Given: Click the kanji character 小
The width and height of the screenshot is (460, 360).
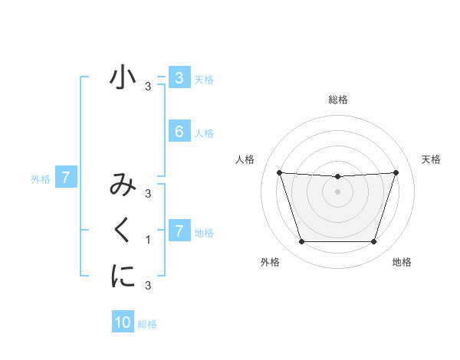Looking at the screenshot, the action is coord(123,79).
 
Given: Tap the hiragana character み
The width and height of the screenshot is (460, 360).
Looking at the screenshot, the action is coord(123,186).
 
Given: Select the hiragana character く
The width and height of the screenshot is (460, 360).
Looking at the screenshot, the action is coord(123,230).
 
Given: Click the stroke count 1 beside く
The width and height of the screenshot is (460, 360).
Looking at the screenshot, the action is coord(148,240).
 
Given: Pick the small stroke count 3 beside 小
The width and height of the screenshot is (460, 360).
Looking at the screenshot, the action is coord(148,87).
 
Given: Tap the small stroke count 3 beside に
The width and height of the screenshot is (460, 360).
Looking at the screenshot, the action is coord(148,286).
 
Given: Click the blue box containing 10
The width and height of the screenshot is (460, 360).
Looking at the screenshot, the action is coord(123,322).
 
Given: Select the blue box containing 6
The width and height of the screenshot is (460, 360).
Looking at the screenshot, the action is coord(179,131).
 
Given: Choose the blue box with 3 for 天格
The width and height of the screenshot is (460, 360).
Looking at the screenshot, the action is coord(179,77).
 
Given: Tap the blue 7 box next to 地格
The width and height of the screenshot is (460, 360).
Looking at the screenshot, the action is coord(179,231).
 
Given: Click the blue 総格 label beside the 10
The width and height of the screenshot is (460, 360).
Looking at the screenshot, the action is coord(147,324).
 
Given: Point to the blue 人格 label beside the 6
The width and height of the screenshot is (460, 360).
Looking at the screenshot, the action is coord(204,133).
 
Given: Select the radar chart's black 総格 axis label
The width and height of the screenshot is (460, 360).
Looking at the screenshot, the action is coord(337,100).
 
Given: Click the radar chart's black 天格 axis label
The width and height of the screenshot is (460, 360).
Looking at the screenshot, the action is coord(431,159).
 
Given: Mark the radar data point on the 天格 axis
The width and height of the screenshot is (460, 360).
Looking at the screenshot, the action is coord(396,172).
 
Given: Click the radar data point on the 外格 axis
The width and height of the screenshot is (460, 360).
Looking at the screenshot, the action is coord(301,242).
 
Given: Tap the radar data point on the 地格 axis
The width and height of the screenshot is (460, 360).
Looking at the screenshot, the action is coord(373,242).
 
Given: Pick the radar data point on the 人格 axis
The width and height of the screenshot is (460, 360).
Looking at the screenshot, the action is coord(279,172).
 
